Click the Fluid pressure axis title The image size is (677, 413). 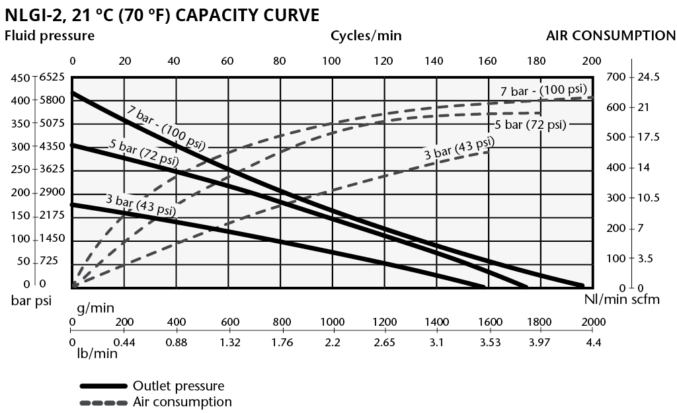[x=50, y=36]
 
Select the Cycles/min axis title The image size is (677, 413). [x=366, y=36]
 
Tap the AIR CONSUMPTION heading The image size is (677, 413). [x=611, y=36]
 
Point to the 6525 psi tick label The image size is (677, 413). [x=52, y=77]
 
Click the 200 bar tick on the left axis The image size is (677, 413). [x=22, y=192]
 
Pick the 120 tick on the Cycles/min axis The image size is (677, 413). [x=383, y=61]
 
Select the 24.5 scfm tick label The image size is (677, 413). [x=649, y=77]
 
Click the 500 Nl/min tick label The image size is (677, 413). [x=615, y=137]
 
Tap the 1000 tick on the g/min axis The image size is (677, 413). [x=333, y=322]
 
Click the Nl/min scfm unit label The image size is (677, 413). [x=622, y=301]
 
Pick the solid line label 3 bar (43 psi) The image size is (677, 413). [x=141, y=205]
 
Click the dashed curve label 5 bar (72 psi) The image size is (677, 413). [x=530, y=124]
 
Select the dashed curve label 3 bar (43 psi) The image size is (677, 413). [x=459, y=148]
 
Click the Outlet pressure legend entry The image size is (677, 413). [x=179, y=386]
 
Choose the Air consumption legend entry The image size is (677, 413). [x=182, y=402]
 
